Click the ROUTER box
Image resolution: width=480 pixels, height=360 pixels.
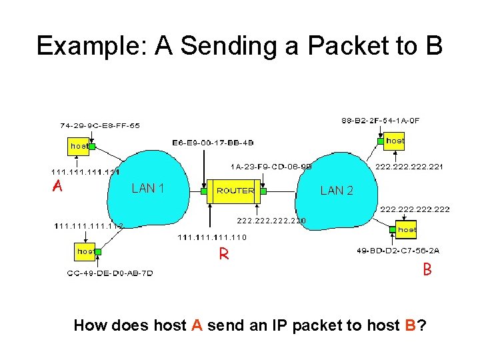(235, 191)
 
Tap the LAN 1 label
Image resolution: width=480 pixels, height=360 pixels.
(148, 189)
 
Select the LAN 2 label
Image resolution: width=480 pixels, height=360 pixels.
(337, 191)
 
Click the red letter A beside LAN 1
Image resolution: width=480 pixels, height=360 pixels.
(58, 187)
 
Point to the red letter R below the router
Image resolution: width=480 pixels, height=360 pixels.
(224, 254)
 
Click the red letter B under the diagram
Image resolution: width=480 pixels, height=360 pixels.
(427, 270)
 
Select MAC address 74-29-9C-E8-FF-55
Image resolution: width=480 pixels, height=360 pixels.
(99, 125)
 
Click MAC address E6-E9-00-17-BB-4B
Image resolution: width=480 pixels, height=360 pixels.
(213, 143)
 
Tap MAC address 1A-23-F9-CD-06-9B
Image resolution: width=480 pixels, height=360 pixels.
(271, 166)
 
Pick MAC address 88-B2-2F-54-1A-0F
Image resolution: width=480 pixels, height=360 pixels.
(381, 121)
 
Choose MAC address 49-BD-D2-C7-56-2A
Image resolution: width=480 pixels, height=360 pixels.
(399, 251)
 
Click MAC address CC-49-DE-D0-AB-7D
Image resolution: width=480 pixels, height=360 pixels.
(110, 273)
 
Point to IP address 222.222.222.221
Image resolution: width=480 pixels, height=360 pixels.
(410, 166)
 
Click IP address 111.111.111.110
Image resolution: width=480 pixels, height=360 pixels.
(212, 237)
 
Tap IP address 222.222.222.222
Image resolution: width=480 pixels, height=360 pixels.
(415, 209)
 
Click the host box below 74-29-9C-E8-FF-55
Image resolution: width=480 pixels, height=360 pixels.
(79, 145)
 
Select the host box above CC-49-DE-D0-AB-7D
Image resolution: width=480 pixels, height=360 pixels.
(85, 251)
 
